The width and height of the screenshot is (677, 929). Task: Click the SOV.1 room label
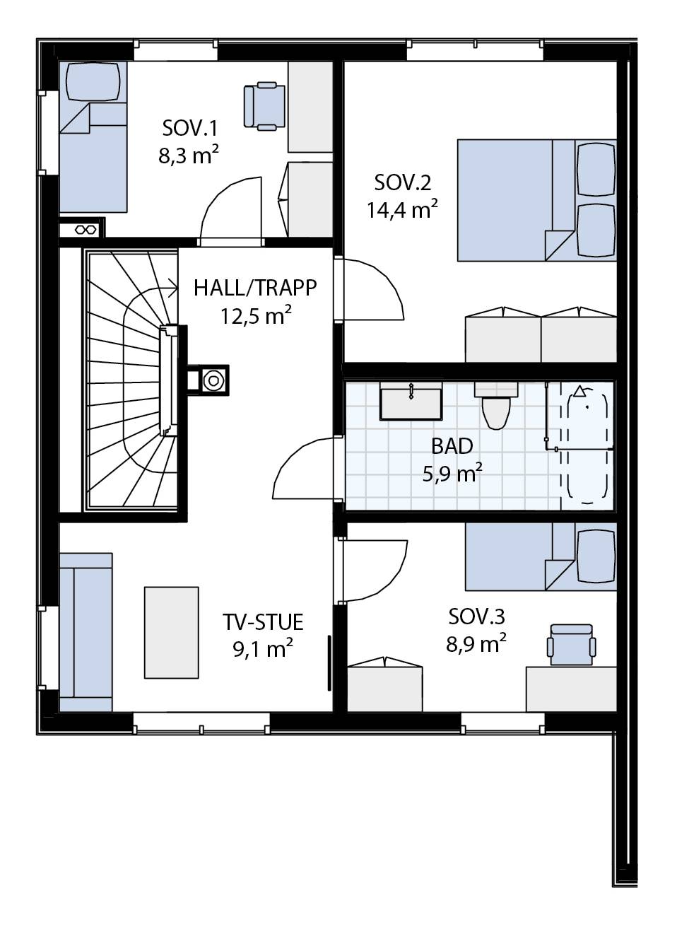click(x=189, y=128)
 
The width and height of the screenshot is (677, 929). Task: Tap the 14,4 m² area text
click(x=402, y=209)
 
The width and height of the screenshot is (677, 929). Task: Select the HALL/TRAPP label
click(x=255, y=288)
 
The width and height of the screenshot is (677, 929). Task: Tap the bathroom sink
click(x=411, y=402)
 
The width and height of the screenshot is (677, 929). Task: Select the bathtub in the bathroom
click(x=587, y=445)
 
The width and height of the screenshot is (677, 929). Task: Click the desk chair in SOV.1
click(x=264, y=106)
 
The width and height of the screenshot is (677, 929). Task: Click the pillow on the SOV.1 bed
click(x=93, y=81)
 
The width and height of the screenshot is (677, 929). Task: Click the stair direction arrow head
click(x=174, y=288)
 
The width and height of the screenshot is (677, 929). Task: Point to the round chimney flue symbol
click(x=213, y=380)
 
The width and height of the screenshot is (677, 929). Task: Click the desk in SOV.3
click(x=571, y=689)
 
